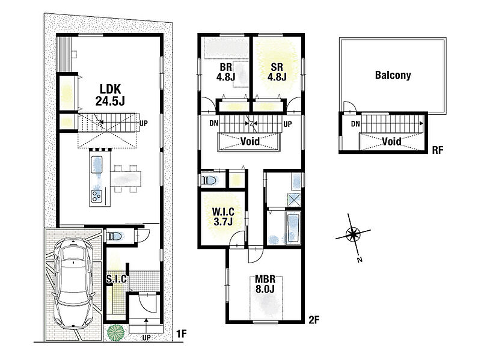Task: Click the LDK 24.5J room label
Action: coord(110,95)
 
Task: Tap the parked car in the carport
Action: coord(73,283)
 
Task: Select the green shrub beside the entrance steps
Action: coord(115,333)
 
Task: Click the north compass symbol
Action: coord(353,235)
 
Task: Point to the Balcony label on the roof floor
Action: coord(393,75)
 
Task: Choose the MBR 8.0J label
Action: coord(265,284)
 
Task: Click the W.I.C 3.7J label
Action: coord(223,216)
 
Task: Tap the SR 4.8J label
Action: coord(277,72)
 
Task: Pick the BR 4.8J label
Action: coord(226,72)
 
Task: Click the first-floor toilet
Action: coord(114,236)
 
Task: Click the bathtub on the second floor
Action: coord(293,227)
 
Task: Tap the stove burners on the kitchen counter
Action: coord(97,195)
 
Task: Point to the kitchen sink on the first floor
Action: coord(97,164)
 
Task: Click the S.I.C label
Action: coord(117,279)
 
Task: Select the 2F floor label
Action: coord(314,320)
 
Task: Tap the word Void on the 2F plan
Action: coord(250,141)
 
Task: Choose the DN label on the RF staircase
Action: coord(355,124)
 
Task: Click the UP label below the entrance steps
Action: coord(147,338)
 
